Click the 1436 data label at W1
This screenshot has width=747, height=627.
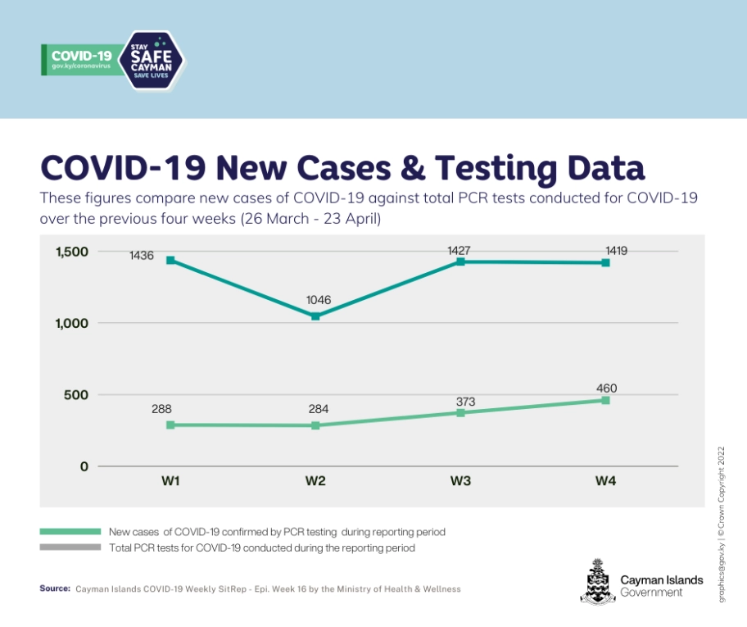[141, 257]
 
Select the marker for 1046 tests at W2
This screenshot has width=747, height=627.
[316, 316]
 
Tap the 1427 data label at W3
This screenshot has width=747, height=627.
[460, 251]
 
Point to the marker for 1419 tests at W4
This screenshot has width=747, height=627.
[605, 263]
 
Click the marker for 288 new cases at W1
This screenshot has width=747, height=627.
[171, 425]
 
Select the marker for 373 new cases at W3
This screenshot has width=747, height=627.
[460, 412]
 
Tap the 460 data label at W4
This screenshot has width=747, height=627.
[606, 388]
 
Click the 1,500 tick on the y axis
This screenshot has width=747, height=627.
[71, 252]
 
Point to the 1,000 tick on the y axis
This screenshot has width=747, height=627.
[71, 323]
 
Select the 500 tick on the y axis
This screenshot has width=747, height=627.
[76, 395]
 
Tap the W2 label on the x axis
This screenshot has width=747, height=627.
[315, 482]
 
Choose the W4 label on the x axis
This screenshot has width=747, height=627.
[605, 482]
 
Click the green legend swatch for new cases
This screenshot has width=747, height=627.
[70, 532]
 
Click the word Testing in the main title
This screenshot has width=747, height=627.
[501, 167]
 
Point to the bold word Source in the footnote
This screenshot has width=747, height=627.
[54, 588]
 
